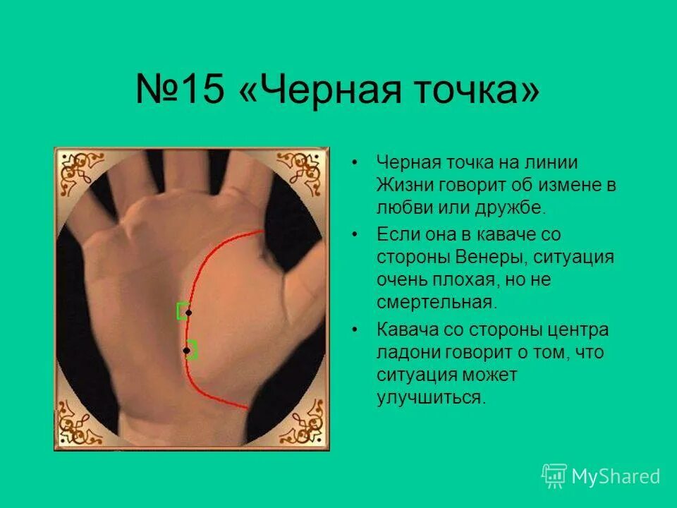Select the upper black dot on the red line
tap(188, 312)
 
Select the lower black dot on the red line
tap(186, 350)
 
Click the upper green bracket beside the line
tap(181, 310)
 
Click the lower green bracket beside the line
tap(193, 350)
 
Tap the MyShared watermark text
tap(616, 477)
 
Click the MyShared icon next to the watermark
tap(554, 476)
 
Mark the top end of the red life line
tap(262, 230)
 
